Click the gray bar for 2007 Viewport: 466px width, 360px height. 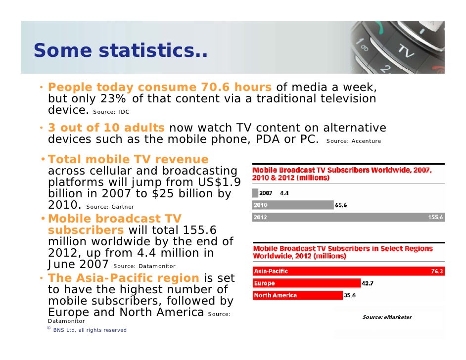pos(255,193)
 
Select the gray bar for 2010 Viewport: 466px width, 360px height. pos(293,205)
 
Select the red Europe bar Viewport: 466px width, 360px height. pos(307,283)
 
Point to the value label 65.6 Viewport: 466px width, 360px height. pos(341,205)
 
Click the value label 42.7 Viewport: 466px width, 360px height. pos(368,283)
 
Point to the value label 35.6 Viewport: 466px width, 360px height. pos(350,295)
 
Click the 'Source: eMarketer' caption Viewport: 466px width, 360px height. pos(387,317)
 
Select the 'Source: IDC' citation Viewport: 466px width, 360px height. pos(111,112)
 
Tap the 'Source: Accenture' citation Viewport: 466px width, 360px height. pos(354,141)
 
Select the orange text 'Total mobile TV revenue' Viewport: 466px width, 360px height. pos(128,159)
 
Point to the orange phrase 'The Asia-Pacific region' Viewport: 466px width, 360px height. pos(124,278)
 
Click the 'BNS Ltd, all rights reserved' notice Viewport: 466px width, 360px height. pos(90,330)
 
